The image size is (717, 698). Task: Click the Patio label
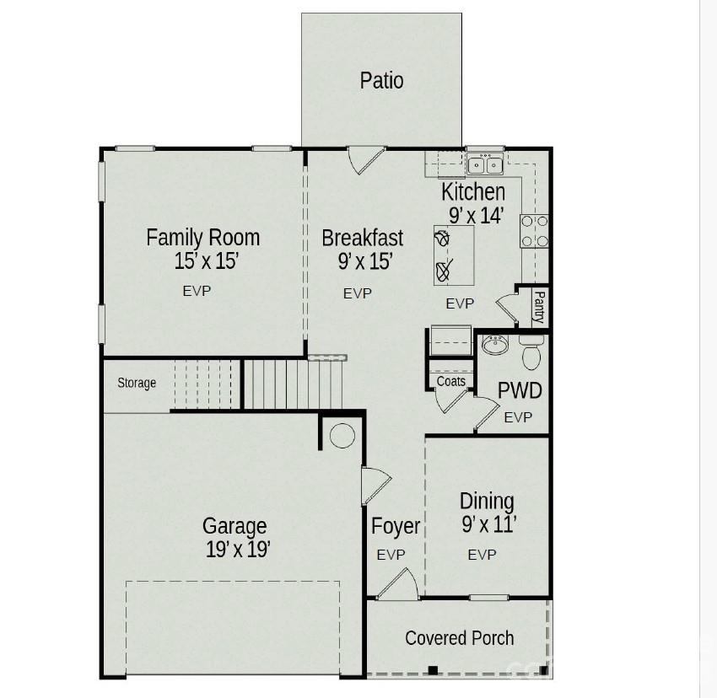(x=381, y=81)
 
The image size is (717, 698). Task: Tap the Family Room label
(x=202, y=237)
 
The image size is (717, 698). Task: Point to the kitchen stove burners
(x=534, y=231)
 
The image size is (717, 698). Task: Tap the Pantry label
(x=538, y=306)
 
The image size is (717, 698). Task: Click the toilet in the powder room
(x=531, y=354)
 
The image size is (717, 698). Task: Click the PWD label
(x=519, y=391)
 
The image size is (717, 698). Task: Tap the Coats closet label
(x=451, y=382)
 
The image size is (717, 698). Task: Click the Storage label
(x=137, y=384)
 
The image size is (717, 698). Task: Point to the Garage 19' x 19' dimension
(x=237, y=550)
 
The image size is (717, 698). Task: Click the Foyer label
(x=396, y=527)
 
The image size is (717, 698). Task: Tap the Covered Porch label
(x=459, y=638)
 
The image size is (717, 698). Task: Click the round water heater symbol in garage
(x=342, y=435)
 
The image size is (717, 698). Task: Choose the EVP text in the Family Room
(x=197, y=291)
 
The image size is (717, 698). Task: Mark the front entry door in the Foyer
(x=397, y=586)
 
